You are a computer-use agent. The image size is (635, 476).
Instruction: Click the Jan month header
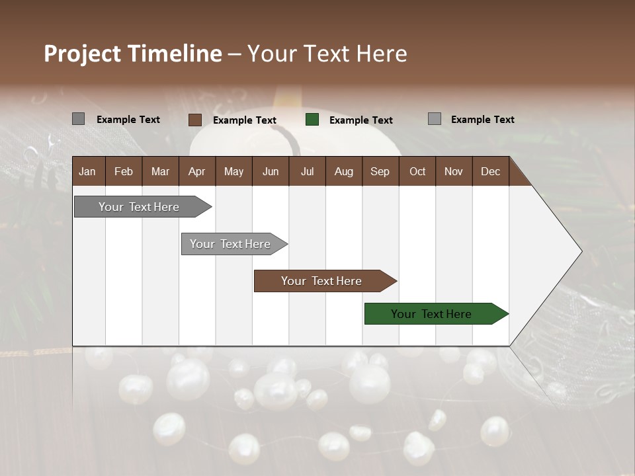pyautogui.click(x=87, y=171)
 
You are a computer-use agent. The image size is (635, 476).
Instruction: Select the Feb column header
pyautogui.click(x=124, y=171)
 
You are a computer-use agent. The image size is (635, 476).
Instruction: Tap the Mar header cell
pyautogui.click(x=160, y=171)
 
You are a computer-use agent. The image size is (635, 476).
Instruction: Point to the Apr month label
pyautogui.click(x=196, y=171)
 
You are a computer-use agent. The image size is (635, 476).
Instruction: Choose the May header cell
pyautogui.click(x=233, y=171)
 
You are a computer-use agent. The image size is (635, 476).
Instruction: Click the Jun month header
pyautogui.click(x=271, y=171)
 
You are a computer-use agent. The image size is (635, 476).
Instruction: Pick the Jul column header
pyautogui.click(x=307, y=171)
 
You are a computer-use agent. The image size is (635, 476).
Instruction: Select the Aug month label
pyautogui.click(x=344, y=171)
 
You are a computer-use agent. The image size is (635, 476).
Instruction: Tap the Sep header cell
pyautogui.click(x=380, y=171)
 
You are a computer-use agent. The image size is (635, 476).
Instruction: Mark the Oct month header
pyautogui.click(x=417, y=171)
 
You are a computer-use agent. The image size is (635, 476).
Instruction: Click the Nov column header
pyautogui.click(x=454, y=171)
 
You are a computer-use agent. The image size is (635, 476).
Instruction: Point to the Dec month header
pyautogui.click(x=490, y=171)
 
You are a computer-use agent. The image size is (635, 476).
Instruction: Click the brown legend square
pyautogui.click(x=194, y=120)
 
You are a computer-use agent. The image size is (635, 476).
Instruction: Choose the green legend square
pyautogui.click(x=312, y=120)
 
